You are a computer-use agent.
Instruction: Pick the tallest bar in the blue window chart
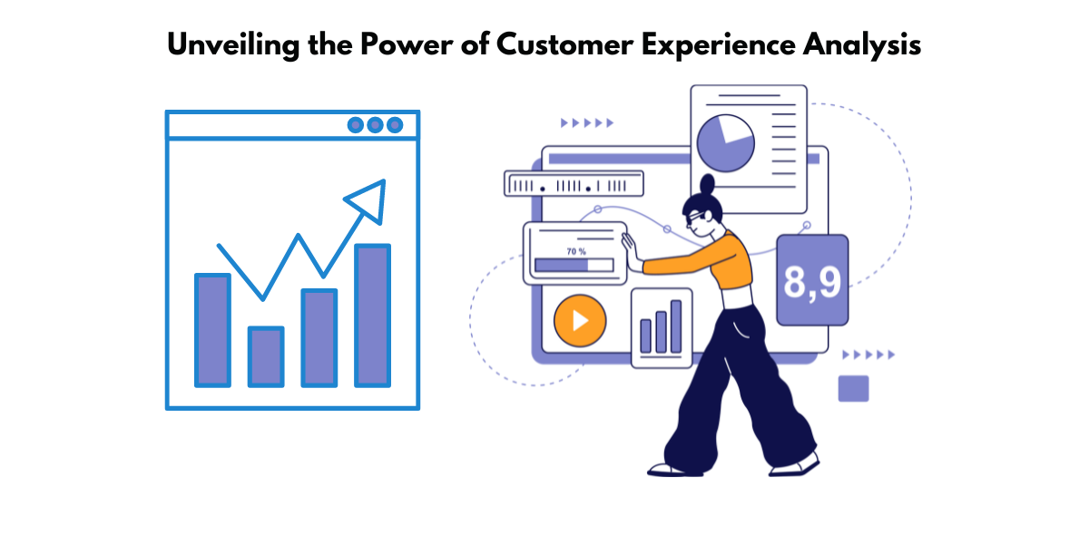[x=372, y=315]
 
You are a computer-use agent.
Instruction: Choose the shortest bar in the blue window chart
[x=266, y=355]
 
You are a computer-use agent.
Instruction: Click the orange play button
[x=579, y=321]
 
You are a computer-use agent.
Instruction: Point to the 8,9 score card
[x=812, y=280]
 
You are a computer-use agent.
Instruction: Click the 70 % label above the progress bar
[x=576, y=251]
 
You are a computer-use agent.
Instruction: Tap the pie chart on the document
[x=725, y=141]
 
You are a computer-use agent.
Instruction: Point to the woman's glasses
[x=694, y=218]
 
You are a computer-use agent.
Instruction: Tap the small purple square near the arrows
[x=853, y=388]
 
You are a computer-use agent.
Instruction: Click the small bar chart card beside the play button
[x=661, y=327]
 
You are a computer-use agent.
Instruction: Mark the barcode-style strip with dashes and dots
[x=573, y=185]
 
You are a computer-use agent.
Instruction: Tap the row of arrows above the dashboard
[x=587, y=122]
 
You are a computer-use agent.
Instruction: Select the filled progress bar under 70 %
[x=561, y=265]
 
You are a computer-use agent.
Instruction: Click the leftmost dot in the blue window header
[x=356, y=125]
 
